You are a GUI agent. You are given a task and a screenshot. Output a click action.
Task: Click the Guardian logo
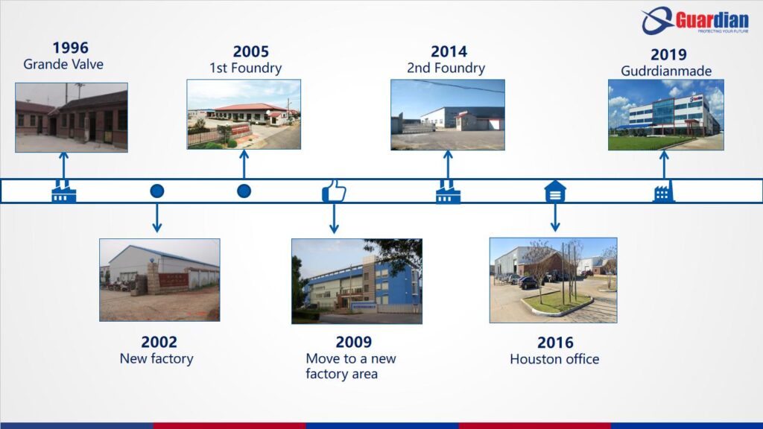(695, 20)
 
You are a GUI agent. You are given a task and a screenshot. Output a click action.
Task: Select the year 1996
(71, 48)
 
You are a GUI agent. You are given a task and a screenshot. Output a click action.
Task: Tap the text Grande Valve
(63, 64)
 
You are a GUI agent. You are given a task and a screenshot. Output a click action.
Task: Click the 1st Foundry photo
(244, 114)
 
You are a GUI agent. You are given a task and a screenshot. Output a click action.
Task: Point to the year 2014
(449, 51)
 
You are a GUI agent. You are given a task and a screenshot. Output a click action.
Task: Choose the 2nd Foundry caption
(446, 68)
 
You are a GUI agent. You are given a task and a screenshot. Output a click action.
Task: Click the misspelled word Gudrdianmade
(666, 71)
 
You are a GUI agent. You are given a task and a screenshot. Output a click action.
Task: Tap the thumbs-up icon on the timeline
(334, 191)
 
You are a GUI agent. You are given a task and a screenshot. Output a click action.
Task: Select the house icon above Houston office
(555, 191)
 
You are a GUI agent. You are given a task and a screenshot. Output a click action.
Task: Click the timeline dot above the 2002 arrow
(156, 191)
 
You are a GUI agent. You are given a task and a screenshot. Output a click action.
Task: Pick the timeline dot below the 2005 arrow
(244, 191)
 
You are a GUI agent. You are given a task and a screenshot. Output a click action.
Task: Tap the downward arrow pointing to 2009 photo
(334, 218)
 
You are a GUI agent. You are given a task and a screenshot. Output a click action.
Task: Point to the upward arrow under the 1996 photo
(63, 166)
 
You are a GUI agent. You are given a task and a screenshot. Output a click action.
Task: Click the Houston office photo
(554, 280)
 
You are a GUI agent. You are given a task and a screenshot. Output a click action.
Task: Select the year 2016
(555, 343)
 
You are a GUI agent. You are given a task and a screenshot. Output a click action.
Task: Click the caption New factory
(156, 358)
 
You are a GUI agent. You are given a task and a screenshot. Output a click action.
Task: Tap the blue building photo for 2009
(357, 281)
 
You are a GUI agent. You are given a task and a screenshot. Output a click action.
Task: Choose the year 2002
(159, 342)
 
